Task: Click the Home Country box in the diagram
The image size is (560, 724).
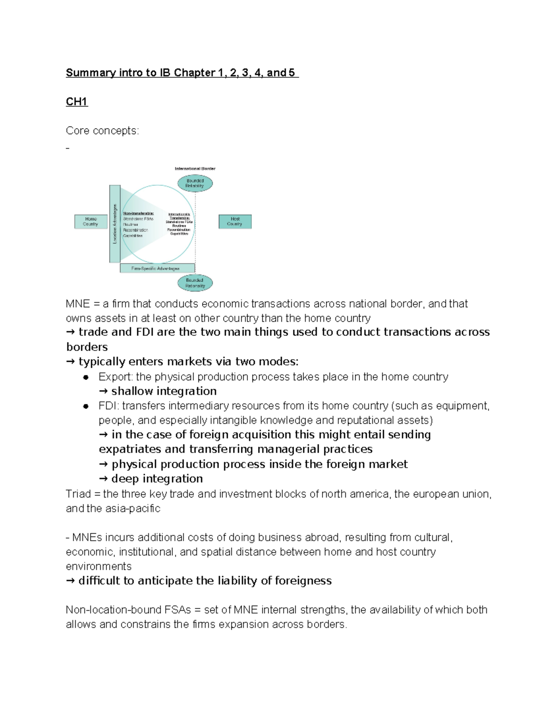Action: point(91,221)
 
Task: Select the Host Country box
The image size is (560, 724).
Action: point(235,221)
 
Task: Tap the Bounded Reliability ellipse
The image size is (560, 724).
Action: point(195,183)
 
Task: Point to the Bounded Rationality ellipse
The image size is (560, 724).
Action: point(195,283)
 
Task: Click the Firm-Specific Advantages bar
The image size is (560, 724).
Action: point(157,269)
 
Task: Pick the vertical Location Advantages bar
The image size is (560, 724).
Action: point(115,224)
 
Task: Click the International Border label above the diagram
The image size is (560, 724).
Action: point(195,169)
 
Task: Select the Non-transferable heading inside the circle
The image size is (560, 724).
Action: point(138,213)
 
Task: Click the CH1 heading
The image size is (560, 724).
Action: point(77,102)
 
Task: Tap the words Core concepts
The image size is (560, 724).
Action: point(102,131)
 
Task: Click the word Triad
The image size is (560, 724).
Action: point(78,494)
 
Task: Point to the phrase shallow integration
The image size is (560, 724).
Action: point(164,391)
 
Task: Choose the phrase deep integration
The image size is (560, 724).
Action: point(157,479)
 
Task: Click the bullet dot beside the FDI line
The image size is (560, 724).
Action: point(85,406)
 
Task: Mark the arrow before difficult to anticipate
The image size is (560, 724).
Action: point(70,581)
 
